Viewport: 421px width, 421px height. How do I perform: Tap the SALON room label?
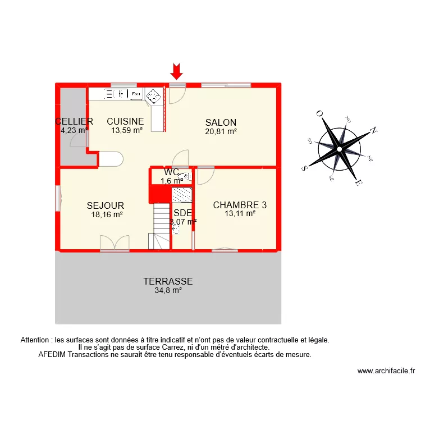tap(221, 122)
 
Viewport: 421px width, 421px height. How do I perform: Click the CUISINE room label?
tap(126, 121)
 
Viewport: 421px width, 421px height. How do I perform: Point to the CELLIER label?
tap(74, 121)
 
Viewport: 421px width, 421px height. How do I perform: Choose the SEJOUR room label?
tap(106, 206)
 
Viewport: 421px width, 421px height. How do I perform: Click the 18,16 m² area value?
tap(107, 214)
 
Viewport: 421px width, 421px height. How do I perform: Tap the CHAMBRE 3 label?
tap(240, 205)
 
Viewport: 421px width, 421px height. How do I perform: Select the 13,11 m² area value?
tap(240, 213)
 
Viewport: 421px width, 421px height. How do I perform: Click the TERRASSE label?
tap(168, 281)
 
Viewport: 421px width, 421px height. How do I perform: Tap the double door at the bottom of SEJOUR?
tap(115, 243)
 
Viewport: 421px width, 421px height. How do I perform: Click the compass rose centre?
tap(340, 149)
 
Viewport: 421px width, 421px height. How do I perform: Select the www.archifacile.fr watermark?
tap(386, 371)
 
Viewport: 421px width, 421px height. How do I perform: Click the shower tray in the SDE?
tap(181, 195)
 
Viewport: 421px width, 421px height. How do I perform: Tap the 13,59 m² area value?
tap(127, 130)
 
